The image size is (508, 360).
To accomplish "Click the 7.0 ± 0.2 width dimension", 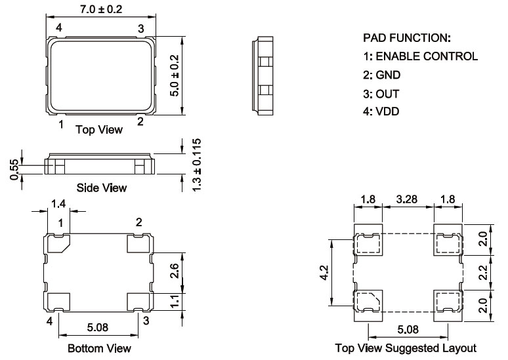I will click(101, 9).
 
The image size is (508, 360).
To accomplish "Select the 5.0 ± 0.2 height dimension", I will click(175, 75).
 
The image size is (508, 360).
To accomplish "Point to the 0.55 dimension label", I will click(14, 167).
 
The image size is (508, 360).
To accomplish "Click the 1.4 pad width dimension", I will click(58, 204).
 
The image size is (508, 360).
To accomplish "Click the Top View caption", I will click(99, 129).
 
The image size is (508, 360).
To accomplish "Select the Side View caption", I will click(102, 188).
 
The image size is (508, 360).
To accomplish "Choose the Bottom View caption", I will click(99, 348).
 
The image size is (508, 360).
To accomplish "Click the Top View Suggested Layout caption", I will click(406, 348).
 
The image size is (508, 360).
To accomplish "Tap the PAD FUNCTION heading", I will click(407, 37).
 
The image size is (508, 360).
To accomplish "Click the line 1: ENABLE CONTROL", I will click(420, 56).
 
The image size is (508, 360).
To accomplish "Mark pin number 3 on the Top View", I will click(140, 28).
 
